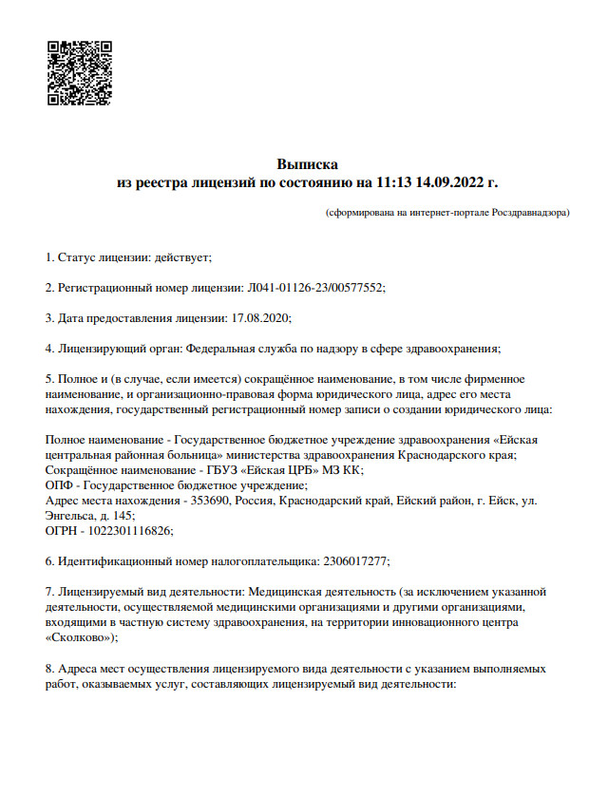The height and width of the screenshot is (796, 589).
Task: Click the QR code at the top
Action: tap(80, 73)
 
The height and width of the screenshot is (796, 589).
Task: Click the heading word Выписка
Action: tap(307, 164)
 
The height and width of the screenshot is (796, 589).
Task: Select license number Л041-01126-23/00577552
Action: tap(315, 287)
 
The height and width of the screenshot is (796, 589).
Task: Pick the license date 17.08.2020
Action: tap(260, 317)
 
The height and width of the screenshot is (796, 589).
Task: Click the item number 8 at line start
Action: tap(49, 669)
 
